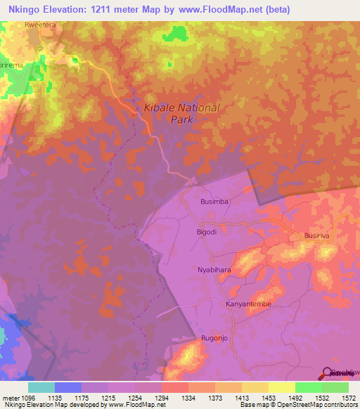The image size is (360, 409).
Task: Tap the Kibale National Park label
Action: (x=181, y=114)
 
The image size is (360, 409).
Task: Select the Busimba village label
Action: (x=214, y=201)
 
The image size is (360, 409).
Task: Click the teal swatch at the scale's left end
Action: (x=41, y=387)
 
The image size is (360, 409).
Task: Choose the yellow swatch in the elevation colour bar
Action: (x=282, y=387)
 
